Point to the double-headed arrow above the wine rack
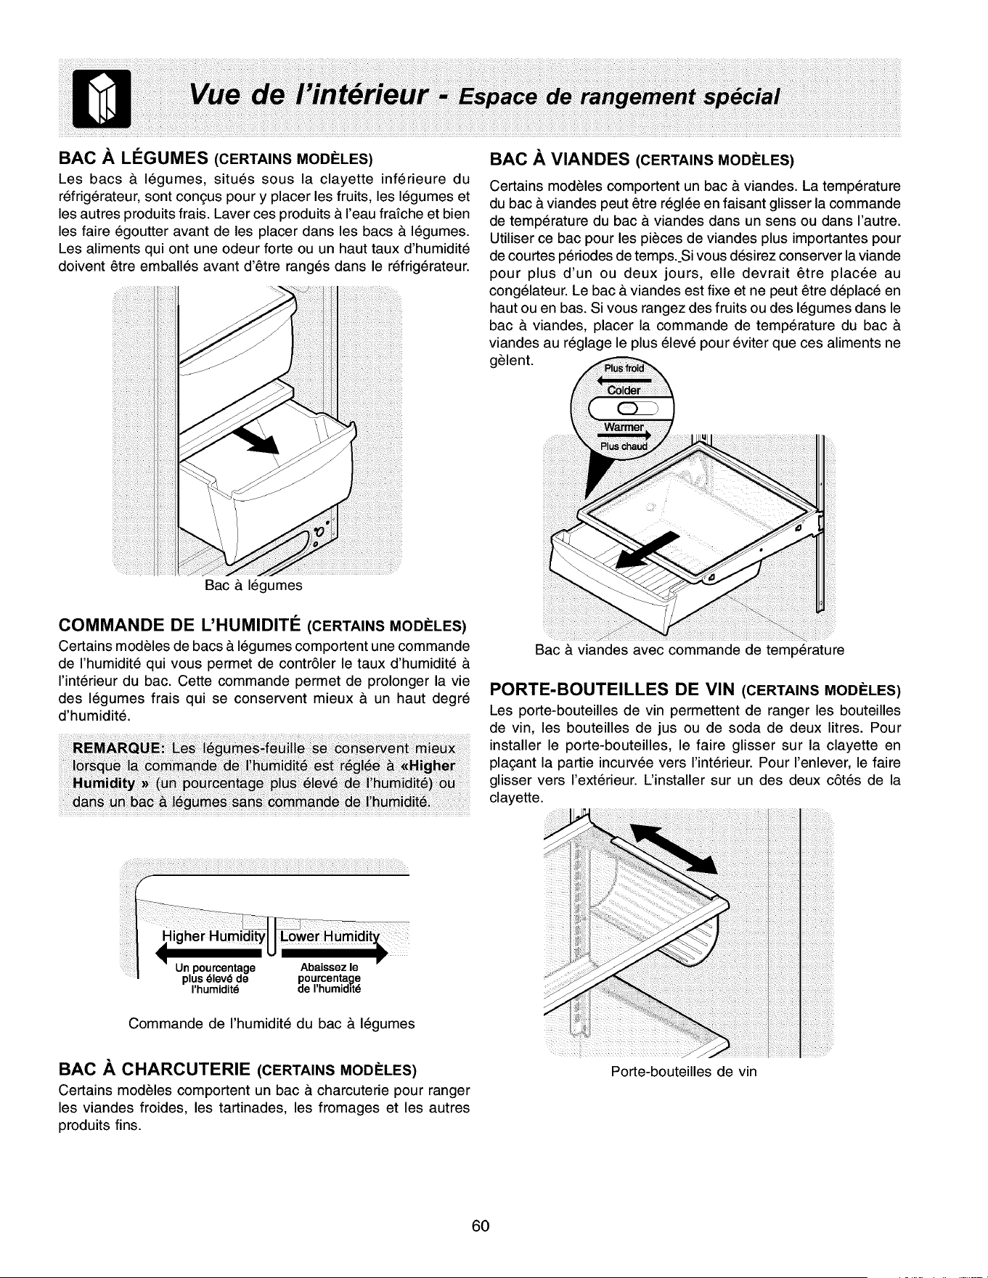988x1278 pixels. (674, 848)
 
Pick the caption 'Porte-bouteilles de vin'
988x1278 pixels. (684, 1071)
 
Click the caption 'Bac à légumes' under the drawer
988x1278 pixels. (253, 586)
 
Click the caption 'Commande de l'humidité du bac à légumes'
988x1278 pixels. (272, 1024)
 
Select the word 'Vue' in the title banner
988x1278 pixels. (217, 95)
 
